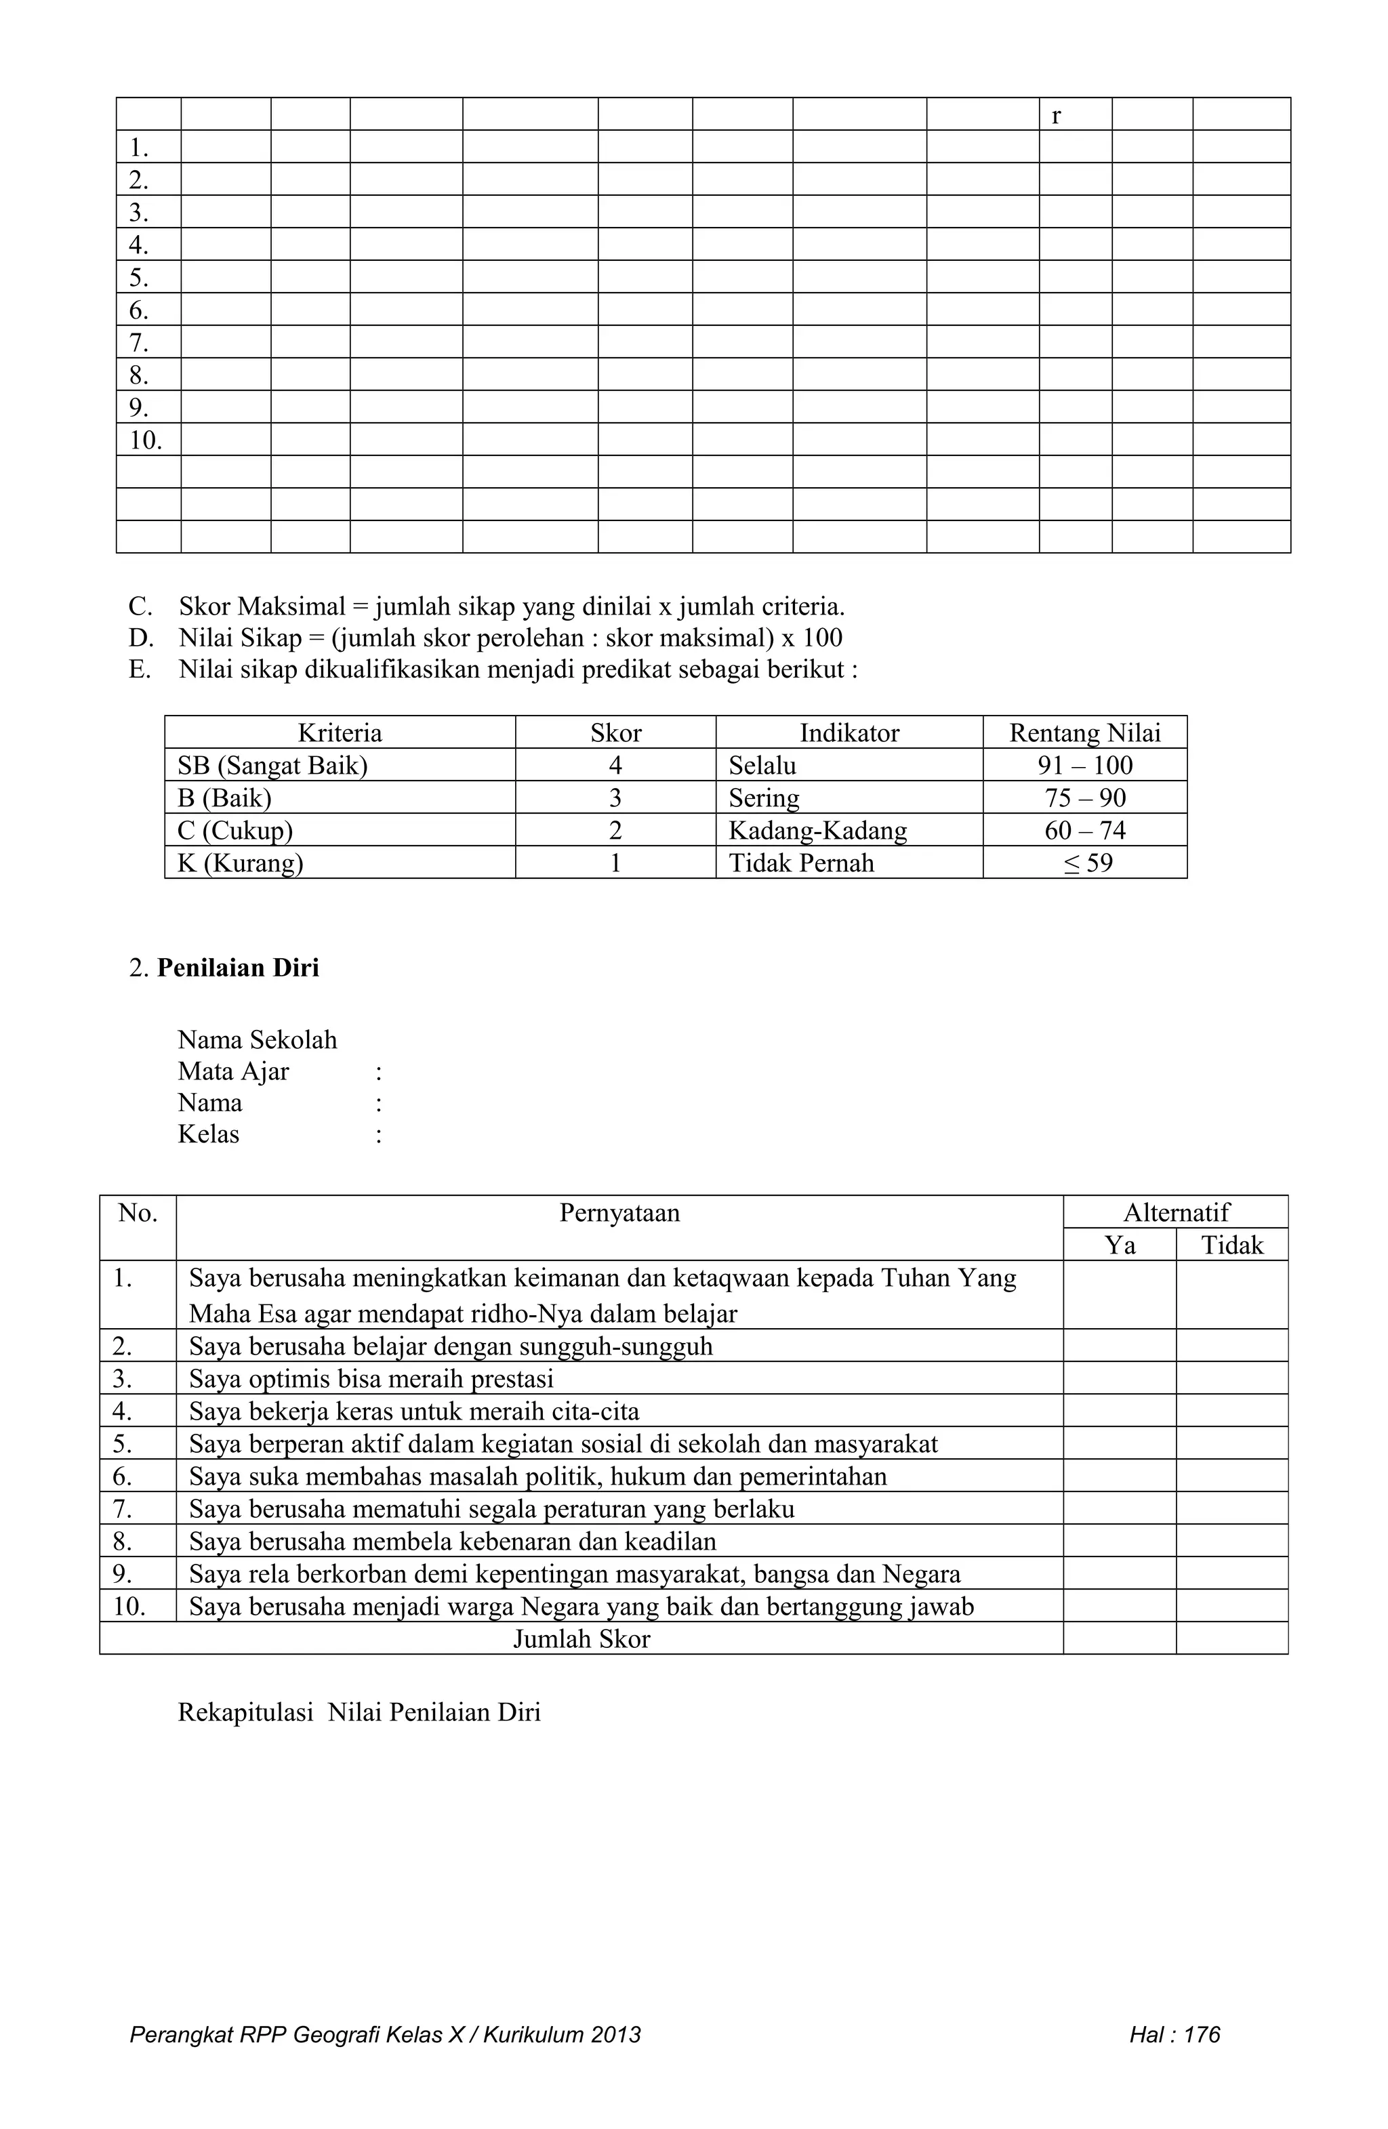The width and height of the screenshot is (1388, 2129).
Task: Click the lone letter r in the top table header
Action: tap(1056, 115)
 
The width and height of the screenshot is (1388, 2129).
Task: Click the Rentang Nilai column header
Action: tap(1084, 732)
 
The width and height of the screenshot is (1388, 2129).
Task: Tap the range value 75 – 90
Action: tap(1084, 798)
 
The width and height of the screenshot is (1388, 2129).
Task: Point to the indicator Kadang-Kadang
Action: tap(817, 831)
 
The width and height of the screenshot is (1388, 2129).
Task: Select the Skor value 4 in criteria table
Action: tap(615, 766)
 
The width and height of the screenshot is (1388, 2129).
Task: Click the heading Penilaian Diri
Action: tap(237, 968)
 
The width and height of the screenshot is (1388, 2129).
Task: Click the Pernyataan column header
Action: tap(619, 1213)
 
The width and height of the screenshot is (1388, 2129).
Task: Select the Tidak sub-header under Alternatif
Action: tap(1231, 1245)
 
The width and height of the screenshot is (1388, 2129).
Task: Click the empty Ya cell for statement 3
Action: tap(1119, 1378)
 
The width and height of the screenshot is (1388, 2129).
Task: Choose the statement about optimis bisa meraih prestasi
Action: tap(371, 1378)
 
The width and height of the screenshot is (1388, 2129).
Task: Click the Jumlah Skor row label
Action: tap(581, 1639)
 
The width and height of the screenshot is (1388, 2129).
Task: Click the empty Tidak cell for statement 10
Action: tap(1231, 1607)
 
